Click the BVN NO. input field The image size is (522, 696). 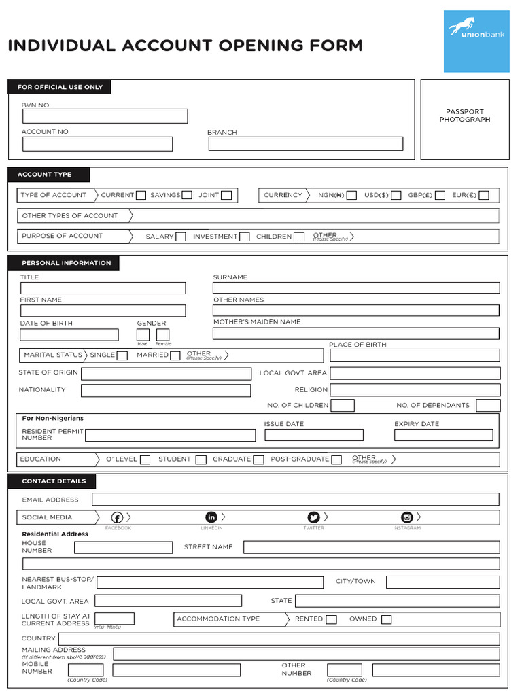tap(105, 116)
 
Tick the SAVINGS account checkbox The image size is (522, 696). tap(186, 196)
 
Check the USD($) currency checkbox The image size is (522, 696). tap(396, 196)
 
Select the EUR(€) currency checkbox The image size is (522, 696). tap(483, 196)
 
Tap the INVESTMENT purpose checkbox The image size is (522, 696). tap(243, 237)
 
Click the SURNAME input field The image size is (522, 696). tap(356, 288)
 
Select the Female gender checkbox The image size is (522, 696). tap(162, 334)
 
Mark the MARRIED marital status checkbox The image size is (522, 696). tap(175, 355)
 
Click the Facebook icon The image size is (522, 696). tap(116, 518)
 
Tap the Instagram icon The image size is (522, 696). tap(407, 517)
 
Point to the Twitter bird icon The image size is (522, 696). tap(313, 517)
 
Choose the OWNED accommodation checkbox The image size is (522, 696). tap(386, 619)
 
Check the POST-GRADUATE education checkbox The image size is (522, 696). tap(335, 459)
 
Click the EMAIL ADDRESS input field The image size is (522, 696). tap(295, 500)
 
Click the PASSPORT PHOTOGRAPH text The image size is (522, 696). tap(465, 116)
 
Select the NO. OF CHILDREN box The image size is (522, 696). tap(342, 406)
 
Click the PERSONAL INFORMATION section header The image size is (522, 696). tap(66, 263)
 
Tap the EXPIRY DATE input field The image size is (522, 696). tap(443, 435)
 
